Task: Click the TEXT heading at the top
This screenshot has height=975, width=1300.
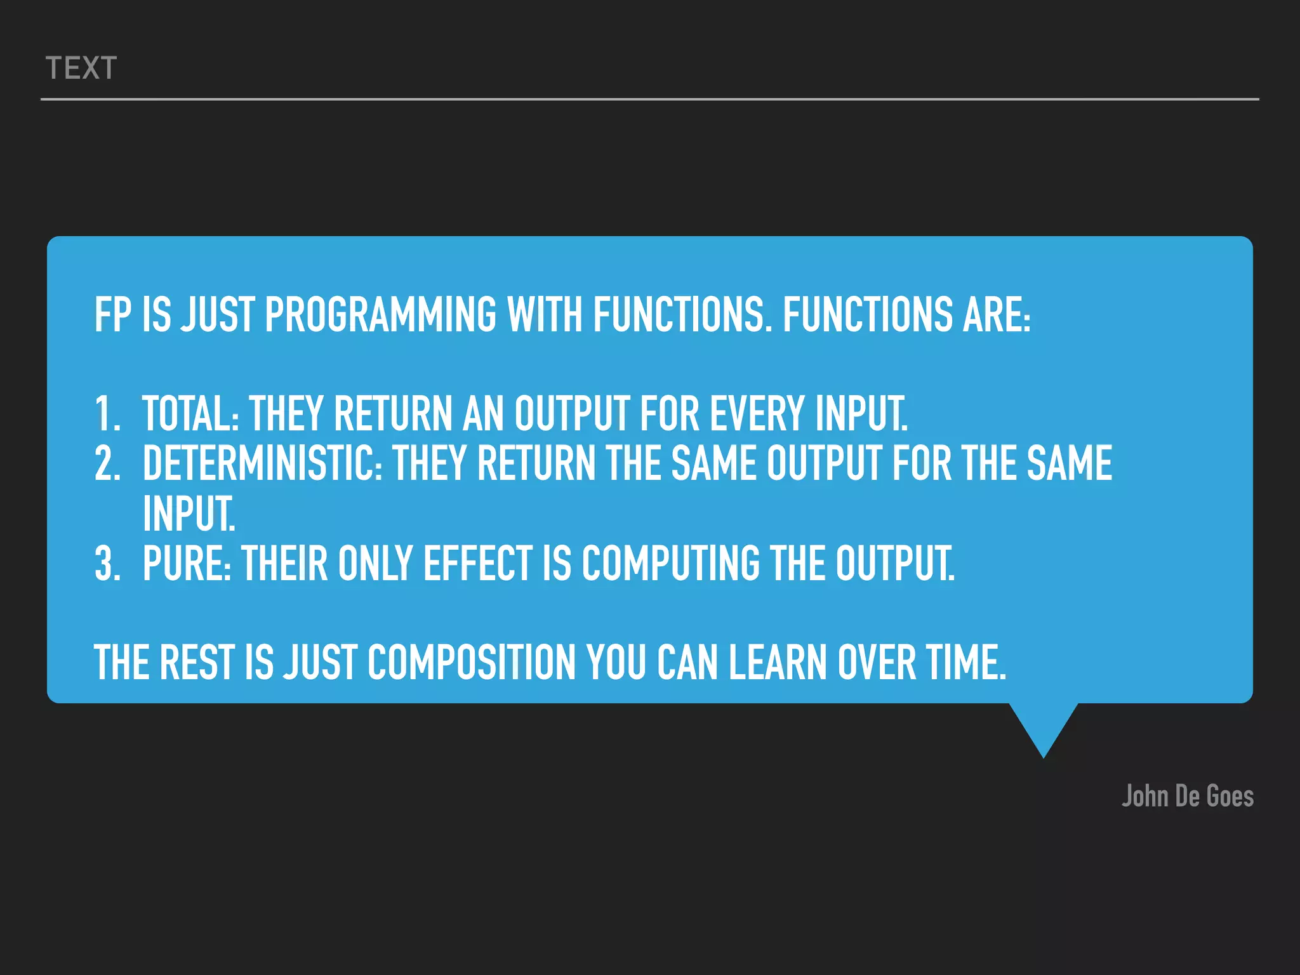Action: (x=81, y=69)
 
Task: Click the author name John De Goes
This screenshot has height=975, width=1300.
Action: (x=1187, y=796)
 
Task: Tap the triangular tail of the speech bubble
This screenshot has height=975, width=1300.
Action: (x=1043, y=727)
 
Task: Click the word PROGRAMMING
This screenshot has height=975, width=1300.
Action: (x=380, y=315)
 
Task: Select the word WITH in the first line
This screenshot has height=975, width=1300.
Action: (x=544, y=315)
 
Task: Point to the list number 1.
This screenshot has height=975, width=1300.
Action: (x=107, y=414)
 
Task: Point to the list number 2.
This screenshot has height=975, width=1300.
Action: (x=107, y=463)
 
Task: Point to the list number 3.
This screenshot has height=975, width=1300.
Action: (x=107, y=564)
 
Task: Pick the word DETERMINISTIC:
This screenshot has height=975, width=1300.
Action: (x=262, y=463)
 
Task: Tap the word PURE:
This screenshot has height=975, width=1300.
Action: (x=187, y=564)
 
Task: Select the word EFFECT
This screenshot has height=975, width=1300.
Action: (x=477, y=564)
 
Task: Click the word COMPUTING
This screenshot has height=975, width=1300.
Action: (x=670, y=564)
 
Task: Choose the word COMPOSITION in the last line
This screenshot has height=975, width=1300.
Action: (x=471, y=663)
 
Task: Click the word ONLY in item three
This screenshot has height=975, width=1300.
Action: (x=375, y=564)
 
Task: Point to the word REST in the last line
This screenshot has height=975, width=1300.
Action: (x=197, y=663)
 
